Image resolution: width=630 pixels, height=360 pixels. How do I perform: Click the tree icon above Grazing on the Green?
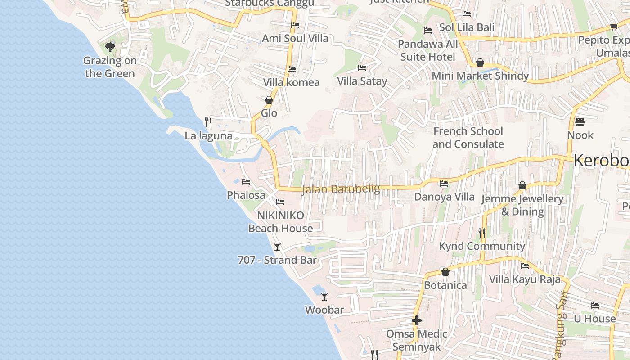tap(110, 47)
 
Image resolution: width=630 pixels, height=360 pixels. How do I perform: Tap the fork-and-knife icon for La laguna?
tap(208, 122)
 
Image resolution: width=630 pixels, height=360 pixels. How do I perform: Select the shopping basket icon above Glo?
tap(269, 99)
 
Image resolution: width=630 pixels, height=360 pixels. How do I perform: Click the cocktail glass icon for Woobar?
tap(324, 296)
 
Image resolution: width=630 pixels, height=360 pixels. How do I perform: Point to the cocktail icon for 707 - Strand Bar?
tap(277, 246)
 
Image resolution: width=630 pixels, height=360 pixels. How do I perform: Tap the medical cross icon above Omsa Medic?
tap(417, 320)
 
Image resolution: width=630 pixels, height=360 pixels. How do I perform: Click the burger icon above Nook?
tap(580, 121)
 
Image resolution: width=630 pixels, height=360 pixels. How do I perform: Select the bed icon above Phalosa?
tap(246, 182)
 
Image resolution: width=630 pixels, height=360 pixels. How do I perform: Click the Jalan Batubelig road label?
tap(341, 189)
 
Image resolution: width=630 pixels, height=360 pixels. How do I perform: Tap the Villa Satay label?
tap(362, 81)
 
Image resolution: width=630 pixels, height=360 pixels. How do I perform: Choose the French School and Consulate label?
tap(468, 138)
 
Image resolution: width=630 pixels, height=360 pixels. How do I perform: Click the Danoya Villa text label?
tap(444, 197)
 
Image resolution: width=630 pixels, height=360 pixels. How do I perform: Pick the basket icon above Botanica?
tap(445, 272)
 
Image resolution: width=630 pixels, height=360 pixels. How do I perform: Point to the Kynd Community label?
tap(482, 246)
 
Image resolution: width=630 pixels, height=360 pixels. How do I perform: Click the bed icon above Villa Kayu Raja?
tap(525, 266)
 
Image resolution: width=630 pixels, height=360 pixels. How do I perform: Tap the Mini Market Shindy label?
tap(480, 76)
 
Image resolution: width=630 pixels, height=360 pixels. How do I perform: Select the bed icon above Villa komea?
tap(292, 69)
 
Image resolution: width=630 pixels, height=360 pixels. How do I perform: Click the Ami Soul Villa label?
tap(295, 38)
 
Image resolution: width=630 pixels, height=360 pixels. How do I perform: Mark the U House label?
tap(594, 319)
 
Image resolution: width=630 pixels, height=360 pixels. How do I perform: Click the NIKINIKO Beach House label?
tap(281, 222)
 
